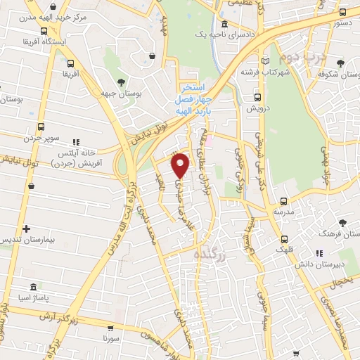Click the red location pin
(181, 165)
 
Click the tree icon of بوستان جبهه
(121, 82)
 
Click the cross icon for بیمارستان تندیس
(26, 229)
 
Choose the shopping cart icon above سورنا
(110, 328)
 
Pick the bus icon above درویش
(259, 97)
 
